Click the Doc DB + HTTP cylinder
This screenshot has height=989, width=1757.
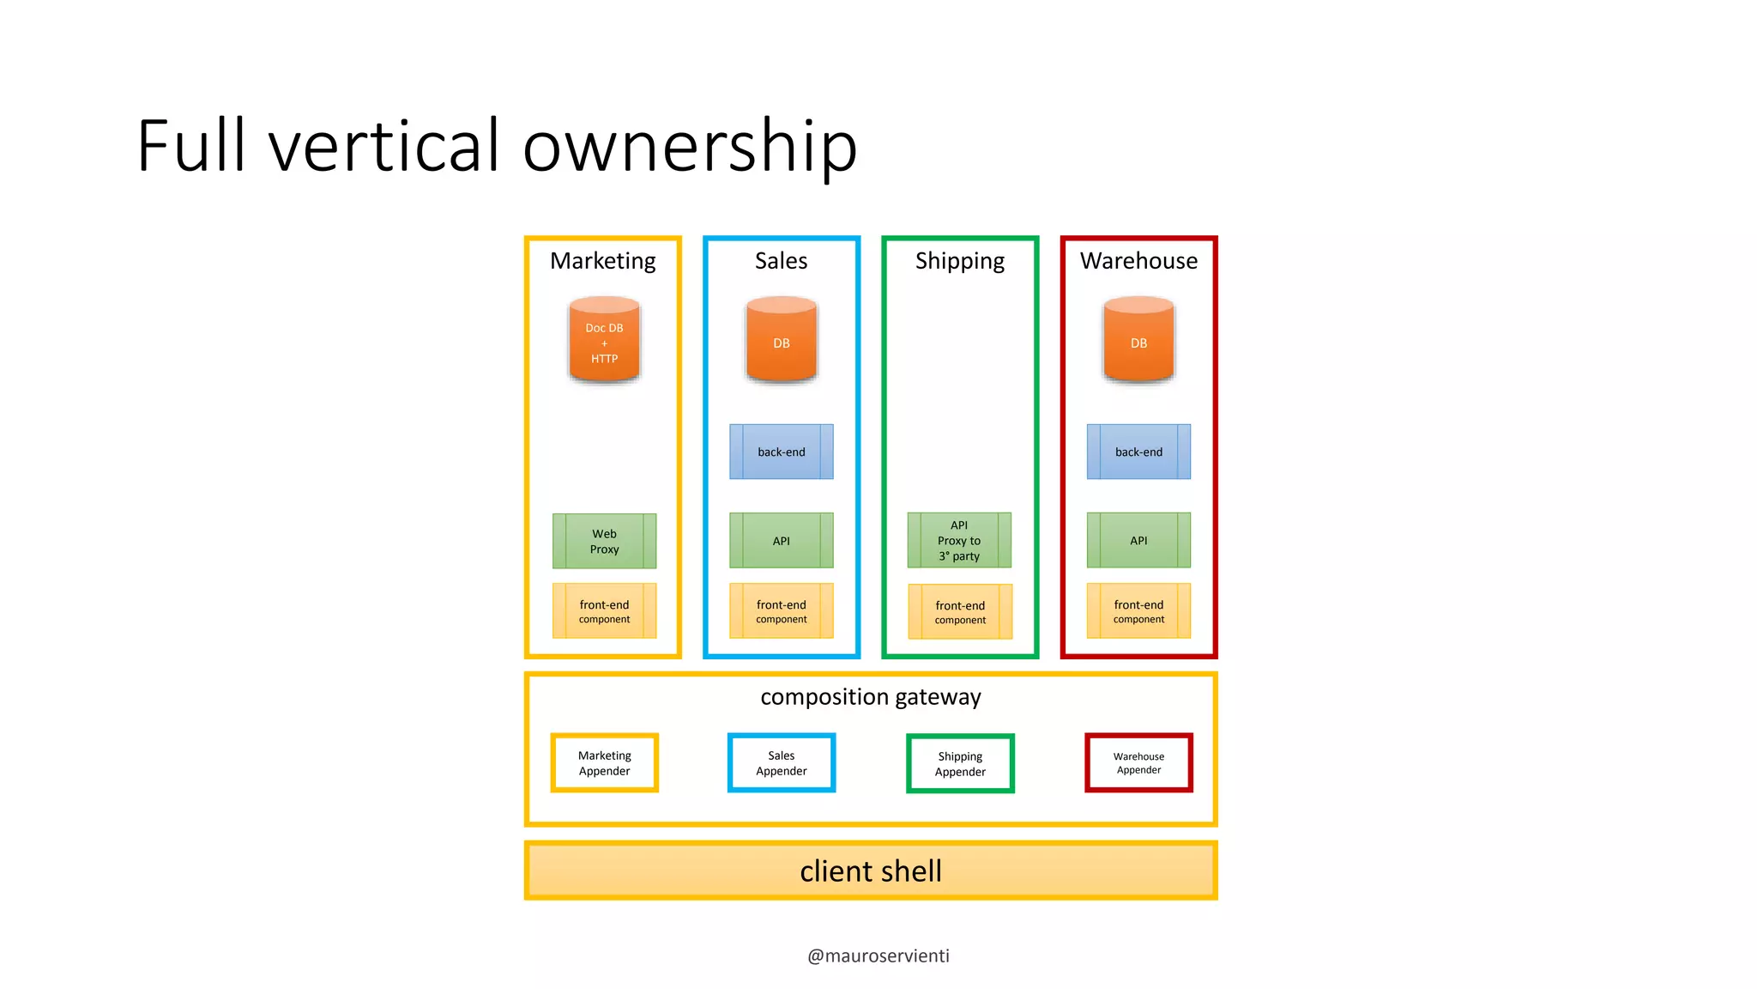(x=604, y=342)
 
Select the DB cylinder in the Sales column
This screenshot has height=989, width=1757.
(x=781, y=342)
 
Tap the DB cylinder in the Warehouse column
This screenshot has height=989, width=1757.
(x=1138, y=342)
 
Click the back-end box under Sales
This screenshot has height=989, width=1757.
(x=781, y=452)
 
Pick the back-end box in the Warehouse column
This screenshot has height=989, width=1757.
(x=1138, y=452)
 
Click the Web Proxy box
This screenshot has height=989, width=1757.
(x=604, y=541)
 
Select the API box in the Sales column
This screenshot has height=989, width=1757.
(x=781, y=541)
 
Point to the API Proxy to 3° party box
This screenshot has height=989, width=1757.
(x=959, y=540)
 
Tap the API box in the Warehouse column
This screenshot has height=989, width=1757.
(x=1138, y=540)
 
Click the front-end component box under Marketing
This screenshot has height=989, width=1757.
(x=604, y=611)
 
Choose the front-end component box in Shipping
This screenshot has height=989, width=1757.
(x=960, y=612)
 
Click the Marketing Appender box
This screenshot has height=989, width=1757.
(x=604, y=762)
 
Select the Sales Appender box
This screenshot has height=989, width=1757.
(x=781, y=762)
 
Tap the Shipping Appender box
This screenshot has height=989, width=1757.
(x=960, y=763)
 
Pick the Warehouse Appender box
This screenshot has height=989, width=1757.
(x=1138, y=762)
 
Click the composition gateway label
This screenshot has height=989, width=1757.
(x=870, y=696)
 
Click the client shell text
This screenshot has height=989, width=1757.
(x=870, y=871)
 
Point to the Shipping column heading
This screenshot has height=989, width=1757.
(x=959, y=261)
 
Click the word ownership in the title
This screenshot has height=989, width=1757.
(x=690, y=146)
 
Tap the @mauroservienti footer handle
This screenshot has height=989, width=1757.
(x=878, y=956)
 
